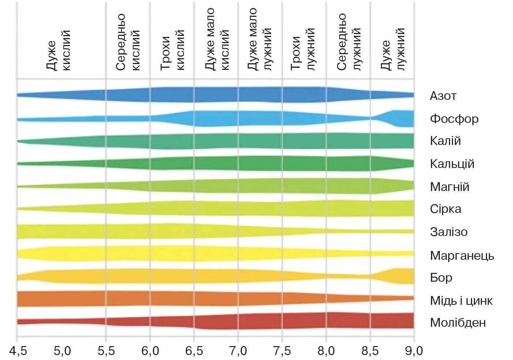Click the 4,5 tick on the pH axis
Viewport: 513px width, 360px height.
[18, 351]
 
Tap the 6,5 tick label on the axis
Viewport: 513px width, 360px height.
[194, 351]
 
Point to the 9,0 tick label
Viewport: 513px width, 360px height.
[414, 351]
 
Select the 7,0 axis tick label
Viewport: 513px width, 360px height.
[238, 351]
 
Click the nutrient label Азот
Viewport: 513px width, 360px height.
[443, 96]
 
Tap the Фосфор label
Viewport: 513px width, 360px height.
[454, 119]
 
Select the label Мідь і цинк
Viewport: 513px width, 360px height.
[461, 300]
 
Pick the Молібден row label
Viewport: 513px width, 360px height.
[458, 323]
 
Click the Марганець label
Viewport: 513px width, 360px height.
[462, 255]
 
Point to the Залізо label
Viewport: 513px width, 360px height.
[449, 232]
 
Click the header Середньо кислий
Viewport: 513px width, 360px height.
[128, 42]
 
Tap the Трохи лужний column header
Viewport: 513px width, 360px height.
[303, 49]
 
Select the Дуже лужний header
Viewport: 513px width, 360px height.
[393, 49]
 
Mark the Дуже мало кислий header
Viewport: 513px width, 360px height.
[217, 39]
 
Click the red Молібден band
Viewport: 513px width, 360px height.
[256, 321]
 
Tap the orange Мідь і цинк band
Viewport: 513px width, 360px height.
[183, 299]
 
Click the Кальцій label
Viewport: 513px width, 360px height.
[452, 164]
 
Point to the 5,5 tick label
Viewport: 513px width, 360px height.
[106, 351]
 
